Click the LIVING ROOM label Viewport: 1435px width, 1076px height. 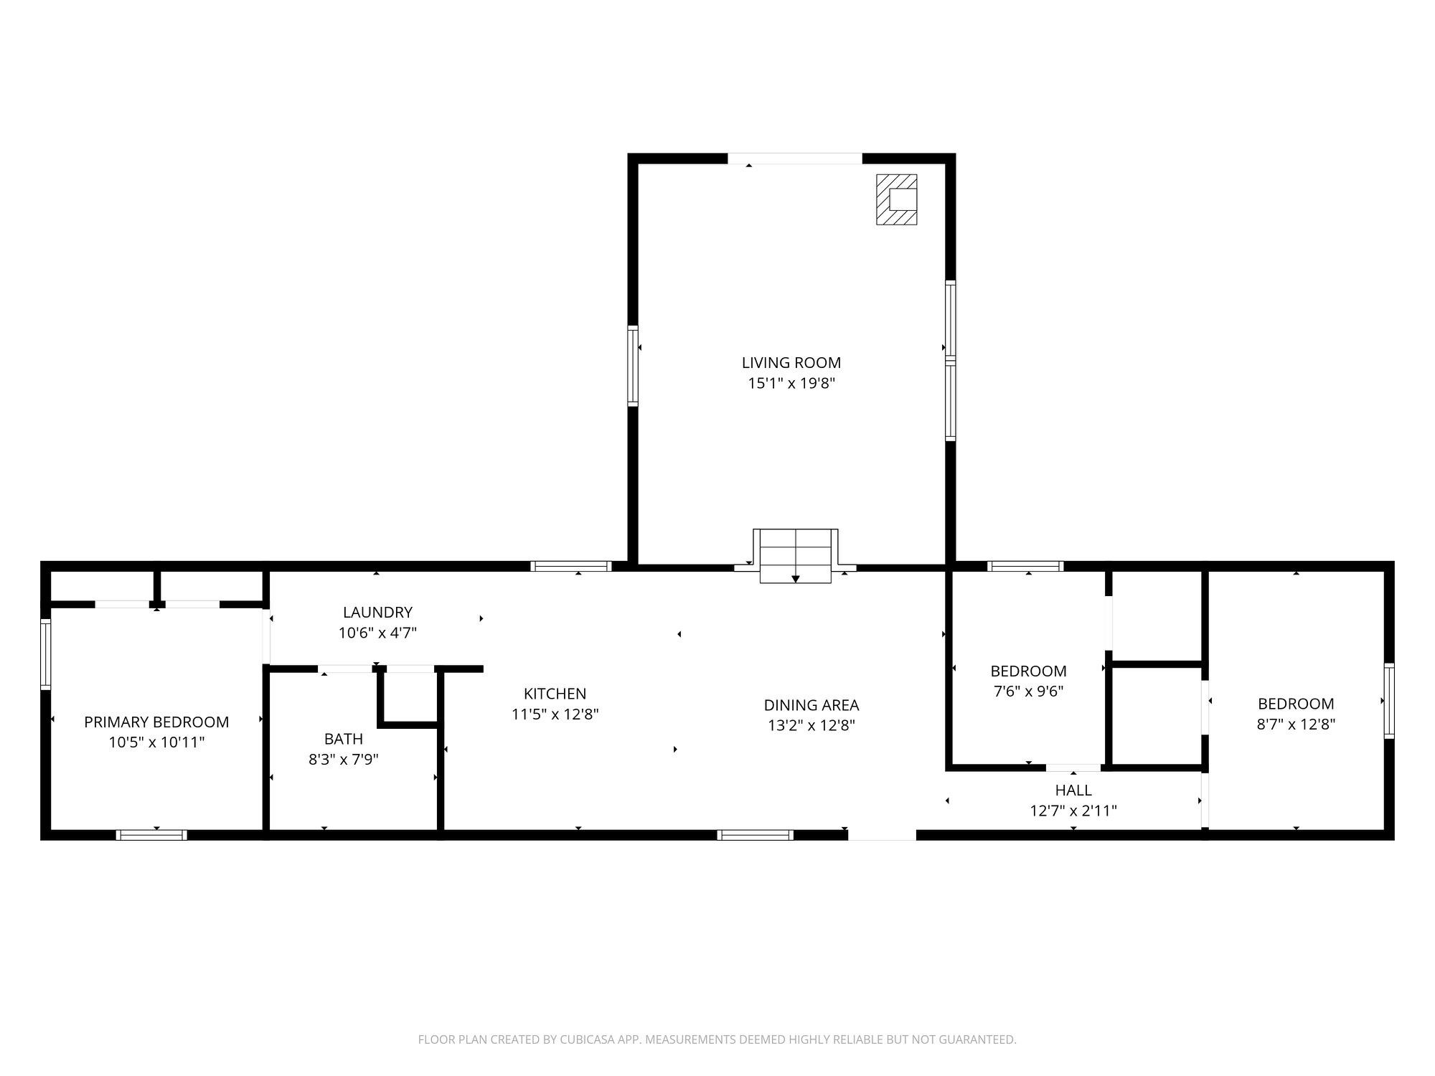pyautogui.click(x=791, y=363)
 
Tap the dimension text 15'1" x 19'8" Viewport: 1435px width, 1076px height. pyautogui.click(x=791, y=383)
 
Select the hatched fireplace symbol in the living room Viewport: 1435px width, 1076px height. pyautogui.click(x=896, y=199)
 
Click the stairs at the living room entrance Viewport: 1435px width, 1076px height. pyautogui.click(x=796, y=556)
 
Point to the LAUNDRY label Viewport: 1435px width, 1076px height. pyautogui.click(x=377, y=613)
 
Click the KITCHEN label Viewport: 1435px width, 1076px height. pyautogui.click(x=555, y=694)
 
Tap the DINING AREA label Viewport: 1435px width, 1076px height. pyautogui.click(x=811, y=705)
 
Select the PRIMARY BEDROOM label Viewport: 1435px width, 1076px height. pyautogui.click(x=156, y=722)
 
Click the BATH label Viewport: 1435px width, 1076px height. pyautogui.click(x=344, y=739)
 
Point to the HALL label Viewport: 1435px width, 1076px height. pyautogui.click(x=1073, y=791)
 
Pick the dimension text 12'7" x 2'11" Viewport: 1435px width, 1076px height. pyautogui.click(x=1073, y=811)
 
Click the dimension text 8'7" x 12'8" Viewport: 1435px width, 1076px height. pyautogui.click(x=1296, y=725)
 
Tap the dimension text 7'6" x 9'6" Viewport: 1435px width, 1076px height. pyautogui.click(x=1028, y=692)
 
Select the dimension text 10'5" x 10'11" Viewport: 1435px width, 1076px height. pyautogui.click(x=156, y=742)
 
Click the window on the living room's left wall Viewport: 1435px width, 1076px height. pyautogui.click(x=633, y=366)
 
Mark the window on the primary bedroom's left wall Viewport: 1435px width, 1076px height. pyautogui.click(x=46, y=653)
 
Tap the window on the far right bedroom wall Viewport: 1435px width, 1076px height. pyautogui.click(x=1389, y=701)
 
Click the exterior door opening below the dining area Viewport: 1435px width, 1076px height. pyautogui.click(x=882, y=835)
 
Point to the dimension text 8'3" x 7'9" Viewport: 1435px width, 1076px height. pyautogui.click(x=344, y=759)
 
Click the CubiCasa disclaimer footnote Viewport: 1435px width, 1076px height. pyautogui.click(x=717, y=1039)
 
